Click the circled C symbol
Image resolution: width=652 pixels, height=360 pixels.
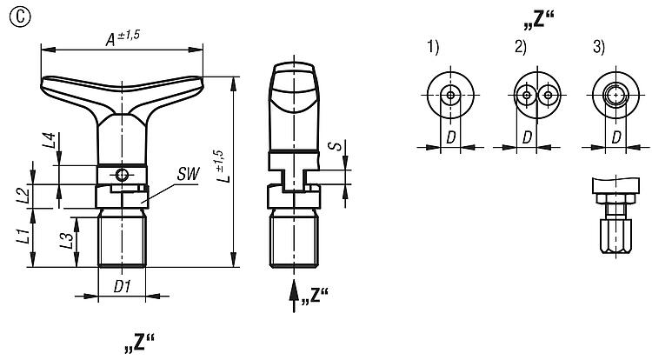coord(19,17)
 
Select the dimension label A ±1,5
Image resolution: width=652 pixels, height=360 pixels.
coord(123,37)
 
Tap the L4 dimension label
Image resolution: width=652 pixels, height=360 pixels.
coord(49,141)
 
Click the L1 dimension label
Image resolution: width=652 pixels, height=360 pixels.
coord(24,236)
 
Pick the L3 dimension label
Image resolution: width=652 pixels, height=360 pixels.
coord(67,240)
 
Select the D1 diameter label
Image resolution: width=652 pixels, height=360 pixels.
coord(123,286)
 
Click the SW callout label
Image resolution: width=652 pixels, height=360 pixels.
coord(188,174)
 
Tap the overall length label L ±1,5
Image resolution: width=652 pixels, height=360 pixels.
coord(223,166)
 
